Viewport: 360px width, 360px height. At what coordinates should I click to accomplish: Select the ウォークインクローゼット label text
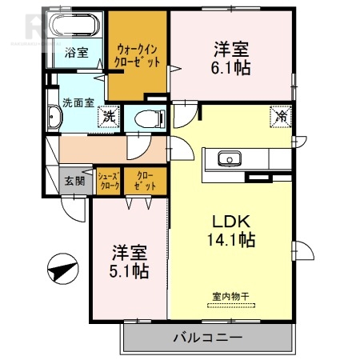tap(137, 54)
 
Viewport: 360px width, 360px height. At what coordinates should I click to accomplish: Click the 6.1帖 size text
tap(231, 67)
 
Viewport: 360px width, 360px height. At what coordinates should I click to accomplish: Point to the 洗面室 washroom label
tap(78, 102)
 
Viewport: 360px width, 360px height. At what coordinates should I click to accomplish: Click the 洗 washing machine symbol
tap(110, 117)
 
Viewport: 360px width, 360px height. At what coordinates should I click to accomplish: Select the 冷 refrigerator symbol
tap(281, 115)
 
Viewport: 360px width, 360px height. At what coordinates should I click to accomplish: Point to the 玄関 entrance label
tap(74, 180)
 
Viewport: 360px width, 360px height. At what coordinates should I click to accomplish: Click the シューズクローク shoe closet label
tap(108, 181)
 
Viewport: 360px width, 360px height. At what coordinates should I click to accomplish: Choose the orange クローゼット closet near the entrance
tap(145, 181)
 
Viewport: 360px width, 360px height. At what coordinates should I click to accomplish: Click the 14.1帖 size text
tap(233, 239)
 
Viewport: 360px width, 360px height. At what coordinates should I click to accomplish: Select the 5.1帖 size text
tap(129, 271)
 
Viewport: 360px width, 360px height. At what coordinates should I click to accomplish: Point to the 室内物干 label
tap(230, 297)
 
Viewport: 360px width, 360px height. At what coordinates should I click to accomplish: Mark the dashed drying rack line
tap(230, 306)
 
